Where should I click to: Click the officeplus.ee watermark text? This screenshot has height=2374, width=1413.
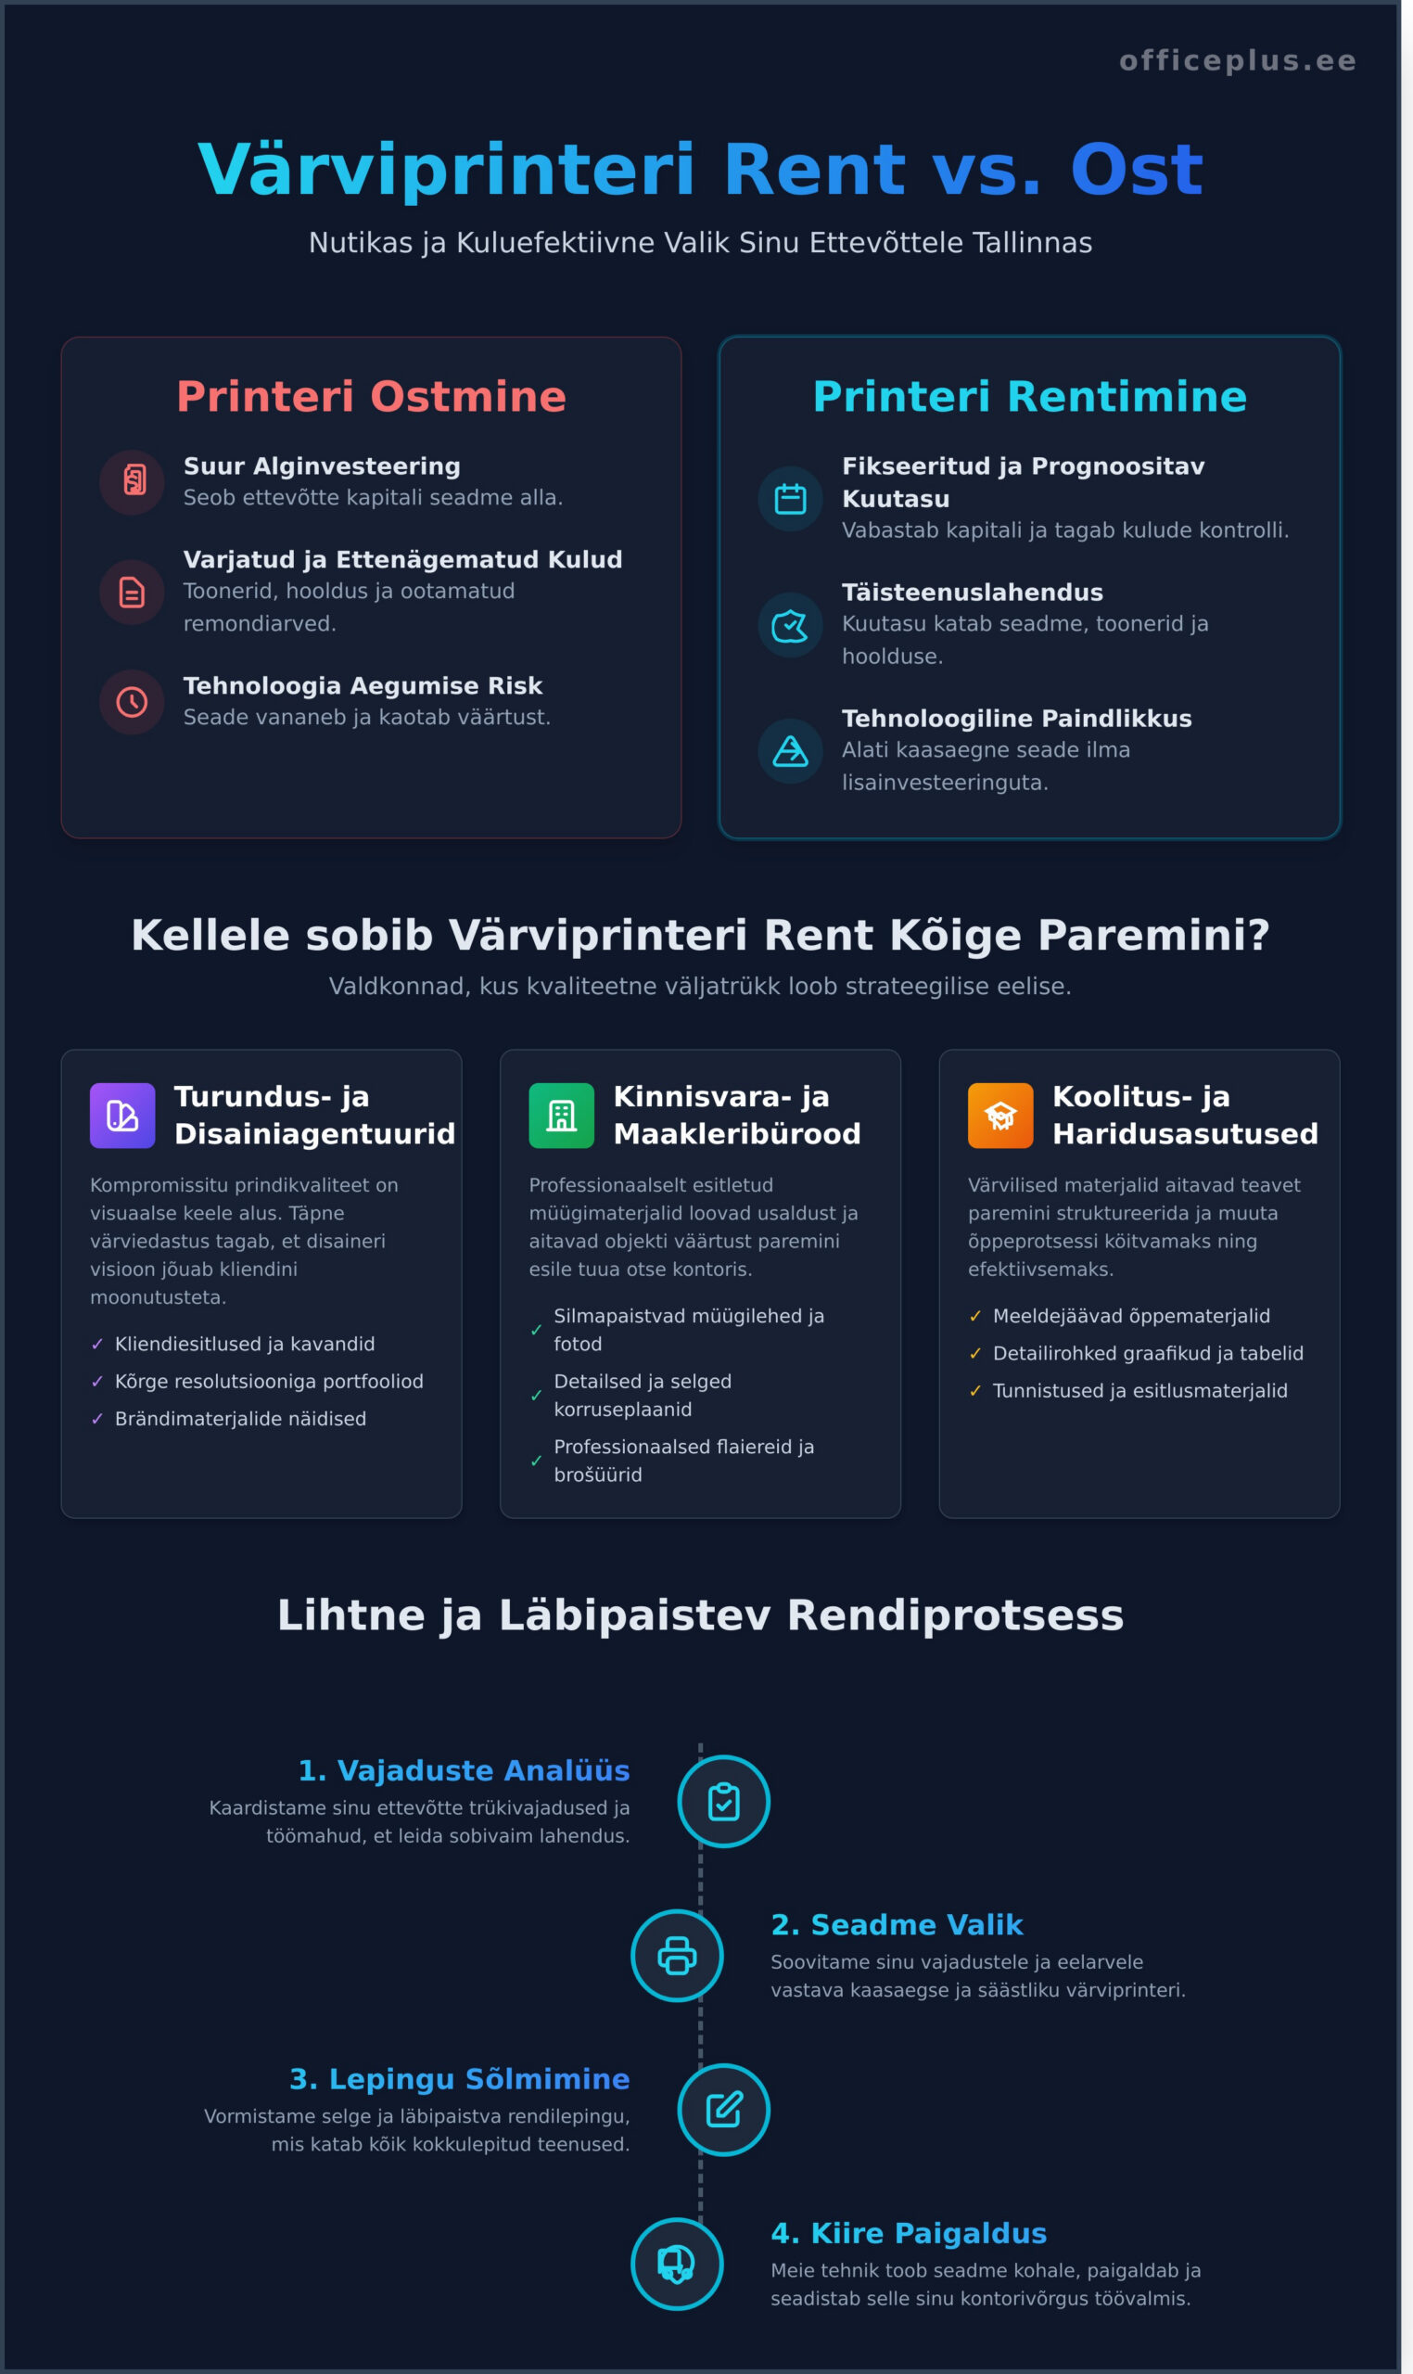click(x=1237, y=61)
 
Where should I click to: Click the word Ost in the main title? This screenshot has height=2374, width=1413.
click(x=1136, y=171)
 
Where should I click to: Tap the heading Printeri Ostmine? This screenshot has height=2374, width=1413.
click(x=372, y=396)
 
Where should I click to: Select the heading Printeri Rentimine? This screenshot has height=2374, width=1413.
click(x=1029, y=396)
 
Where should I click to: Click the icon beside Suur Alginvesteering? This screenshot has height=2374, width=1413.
click(x=133, y=482)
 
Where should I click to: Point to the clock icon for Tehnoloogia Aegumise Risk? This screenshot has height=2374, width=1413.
click(x=133, y=702)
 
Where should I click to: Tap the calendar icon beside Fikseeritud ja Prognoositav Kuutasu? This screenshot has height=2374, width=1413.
click(x=790, y=498)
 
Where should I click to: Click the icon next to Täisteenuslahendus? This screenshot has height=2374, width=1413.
click(x=790, y=625)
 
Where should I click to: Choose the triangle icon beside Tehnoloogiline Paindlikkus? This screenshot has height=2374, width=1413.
click(x=790, y=750)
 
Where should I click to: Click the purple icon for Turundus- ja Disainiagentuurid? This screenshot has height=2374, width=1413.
click(x=122, y=1115)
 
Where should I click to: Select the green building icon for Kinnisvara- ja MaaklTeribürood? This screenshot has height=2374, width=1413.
click(x=562, y=1115)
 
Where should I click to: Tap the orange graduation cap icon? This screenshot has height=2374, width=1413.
click(x=999, y=1115)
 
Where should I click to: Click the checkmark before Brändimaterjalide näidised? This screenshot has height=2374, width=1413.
click(x=97, y=1419)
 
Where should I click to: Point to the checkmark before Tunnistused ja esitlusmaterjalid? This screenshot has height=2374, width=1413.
click(x=975, y=1391)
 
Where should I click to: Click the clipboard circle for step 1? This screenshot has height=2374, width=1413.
click(x=723, y=1802)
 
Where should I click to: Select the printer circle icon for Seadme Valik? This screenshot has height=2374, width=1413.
click(x=677, y=1956)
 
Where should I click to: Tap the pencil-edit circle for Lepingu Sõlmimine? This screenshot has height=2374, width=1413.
click(x=723, y=2111)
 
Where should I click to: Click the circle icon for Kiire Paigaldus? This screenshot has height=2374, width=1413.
click(x=677, y=2265)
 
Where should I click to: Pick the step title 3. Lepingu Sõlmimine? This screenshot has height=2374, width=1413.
click(x=460, y=2080)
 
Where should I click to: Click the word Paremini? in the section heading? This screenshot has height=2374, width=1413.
click(x=1175, y=935)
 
